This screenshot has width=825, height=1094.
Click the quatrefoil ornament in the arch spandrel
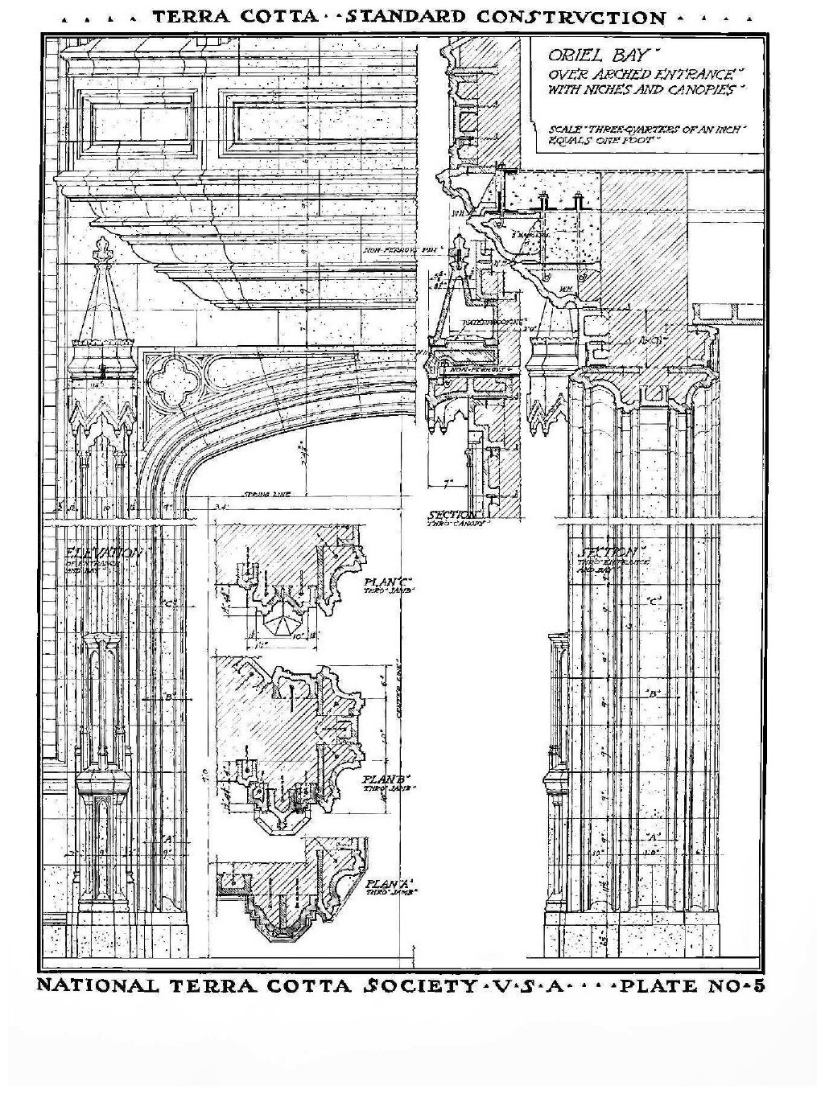point(170,379)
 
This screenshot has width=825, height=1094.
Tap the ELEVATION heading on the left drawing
point(105,553)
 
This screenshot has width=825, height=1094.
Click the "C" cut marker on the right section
point(654,601)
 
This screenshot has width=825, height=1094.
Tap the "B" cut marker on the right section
point(654,693)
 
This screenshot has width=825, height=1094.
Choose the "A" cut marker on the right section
point(654,837)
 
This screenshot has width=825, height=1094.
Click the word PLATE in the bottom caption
point(665,986)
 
